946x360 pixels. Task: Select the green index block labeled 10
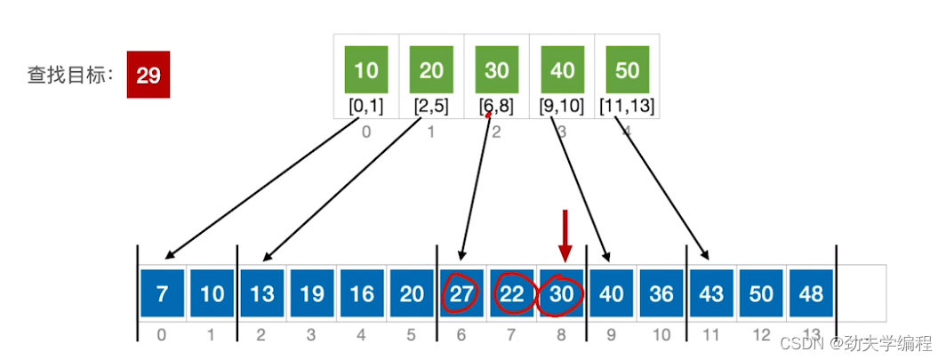[x=366, y=71]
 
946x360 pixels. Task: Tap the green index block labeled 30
[x=497, y=71]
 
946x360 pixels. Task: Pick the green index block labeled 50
[x=627, y=71]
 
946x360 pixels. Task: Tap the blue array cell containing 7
[x=162, y=293]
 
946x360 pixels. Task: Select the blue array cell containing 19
[x=311, y=293]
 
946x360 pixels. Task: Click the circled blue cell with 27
[x=461, y=293]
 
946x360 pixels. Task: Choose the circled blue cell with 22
[x=510, y=293]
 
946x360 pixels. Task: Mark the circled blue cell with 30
[x=560, y=293]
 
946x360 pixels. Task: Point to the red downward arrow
[x=564, y=233]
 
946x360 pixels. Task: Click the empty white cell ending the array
[x=862, y=293]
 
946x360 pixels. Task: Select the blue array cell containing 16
[x=361, y=293]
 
